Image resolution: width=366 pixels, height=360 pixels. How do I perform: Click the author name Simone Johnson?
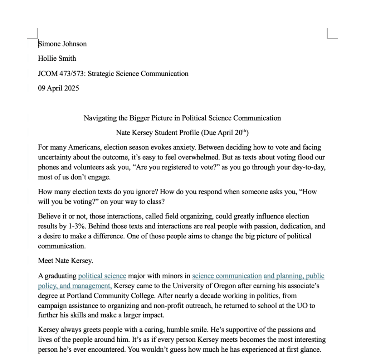[x=63, y=44]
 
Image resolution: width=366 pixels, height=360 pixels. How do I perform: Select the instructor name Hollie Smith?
[x=57, y=59]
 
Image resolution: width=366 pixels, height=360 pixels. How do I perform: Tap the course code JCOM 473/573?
[x=61, y=74]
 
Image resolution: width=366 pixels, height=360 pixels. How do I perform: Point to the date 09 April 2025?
[x=58, y=88]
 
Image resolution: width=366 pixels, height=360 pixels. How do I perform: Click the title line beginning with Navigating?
[x=182, y=118]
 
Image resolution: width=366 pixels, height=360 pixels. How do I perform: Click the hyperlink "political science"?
[x=102, y=276]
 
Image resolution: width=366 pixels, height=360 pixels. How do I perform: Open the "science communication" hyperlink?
[x=227, y=276]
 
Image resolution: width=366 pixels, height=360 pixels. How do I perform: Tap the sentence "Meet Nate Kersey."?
[x=65, y=261]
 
